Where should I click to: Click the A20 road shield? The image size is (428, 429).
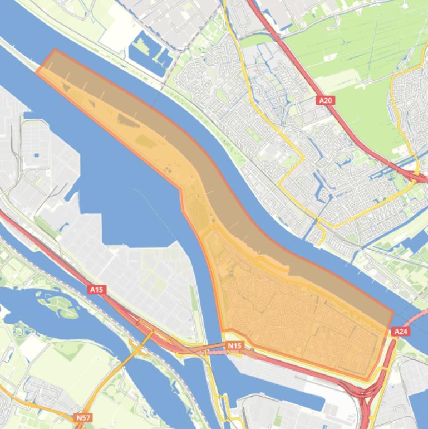(x=326, y=100)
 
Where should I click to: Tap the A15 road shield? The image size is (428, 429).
(x=97, y=290)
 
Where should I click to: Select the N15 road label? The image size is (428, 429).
(x=235, y=346)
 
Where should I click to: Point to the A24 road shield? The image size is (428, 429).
(x=400, y=331)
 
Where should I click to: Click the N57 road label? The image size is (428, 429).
(x=83, y=417)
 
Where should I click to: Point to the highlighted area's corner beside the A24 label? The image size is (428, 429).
(x=392, y=313)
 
